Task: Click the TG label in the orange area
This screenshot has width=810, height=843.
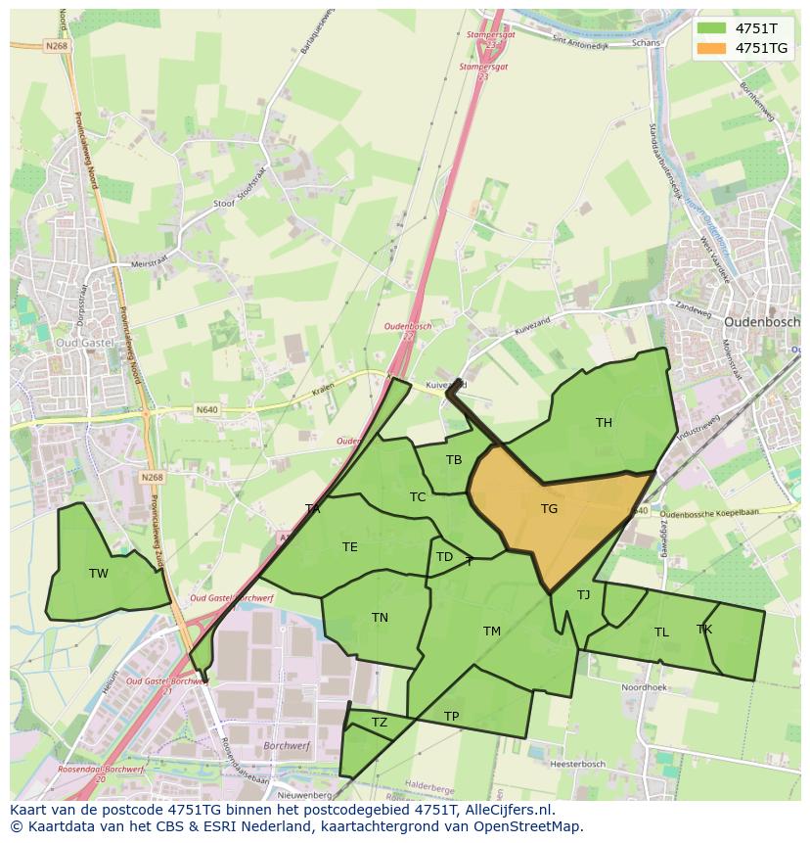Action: coord(549,509)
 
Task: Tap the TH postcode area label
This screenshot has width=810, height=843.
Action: coord(604,423)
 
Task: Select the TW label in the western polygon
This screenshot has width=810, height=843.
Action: coord(99,574)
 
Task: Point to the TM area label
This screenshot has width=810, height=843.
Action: coord(491,632)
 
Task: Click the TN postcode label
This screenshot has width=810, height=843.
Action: coord(380,618)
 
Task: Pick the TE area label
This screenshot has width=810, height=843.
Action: coord(349,547)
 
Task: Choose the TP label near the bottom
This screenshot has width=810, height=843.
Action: coord(451,717)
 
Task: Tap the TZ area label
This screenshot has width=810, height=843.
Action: coord(380,724)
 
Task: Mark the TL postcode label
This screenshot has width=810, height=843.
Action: coord(661,632)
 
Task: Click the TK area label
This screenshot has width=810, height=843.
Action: coord(704,630)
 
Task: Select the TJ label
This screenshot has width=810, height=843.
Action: coord(583,595)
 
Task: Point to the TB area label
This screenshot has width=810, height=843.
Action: coord(454,460)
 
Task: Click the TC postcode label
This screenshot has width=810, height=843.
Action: coord(418,497)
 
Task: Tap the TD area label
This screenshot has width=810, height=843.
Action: coord(444,558)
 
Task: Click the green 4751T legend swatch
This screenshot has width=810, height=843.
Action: coord(712,28)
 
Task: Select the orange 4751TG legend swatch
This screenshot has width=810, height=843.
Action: coord(712,48)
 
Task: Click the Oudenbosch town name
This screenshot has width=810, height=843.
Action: coord(762,321)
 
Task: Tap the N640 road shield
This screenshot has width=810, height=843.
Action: coord(206,409)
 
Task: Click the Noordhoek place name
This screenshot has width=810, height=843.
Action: coord(643,688)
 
